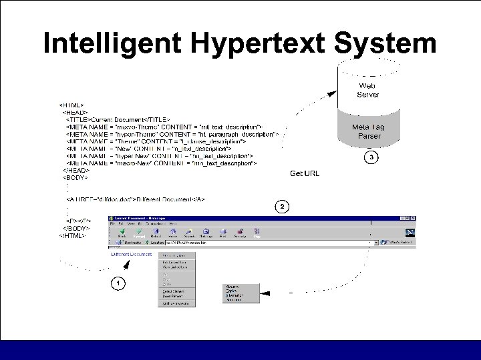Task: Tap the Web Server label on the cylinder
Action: pyautogui.click(x=368, y=90)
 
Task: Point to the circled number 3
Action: pyautogui.click(x=370, y=157)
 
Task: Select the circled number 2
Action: pyautogui.click(x=282, y=207)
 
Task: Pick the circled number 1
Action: pyautogui.click(x=118, y=283)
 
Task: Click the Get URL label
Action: pyautogui.click(x=305, y=174)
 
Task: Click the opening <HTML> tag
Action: pyautogui.click(x=71, y=105)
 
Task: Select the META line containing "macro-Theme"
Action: pyautogui.click(x=164, y=126)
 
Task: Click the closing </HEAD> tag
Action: pyautogui.click(x=75, y=171)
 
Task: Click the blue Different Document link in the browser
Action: pyautogui.click(x=132, y=255)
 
